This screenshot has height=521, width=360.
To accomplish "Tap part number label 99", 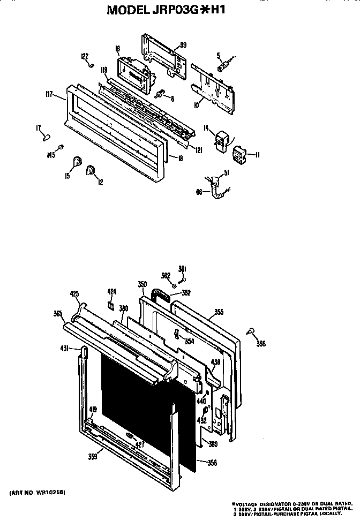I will (x=183, y=46).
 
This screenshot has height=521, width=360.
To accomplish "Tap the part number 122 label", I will (x=84, y=56).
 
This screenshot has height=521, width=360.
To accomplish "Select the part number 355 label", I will (x=219, y=311).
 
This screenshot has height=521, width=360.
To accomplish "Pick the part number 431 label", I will (x=64, y=349).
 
